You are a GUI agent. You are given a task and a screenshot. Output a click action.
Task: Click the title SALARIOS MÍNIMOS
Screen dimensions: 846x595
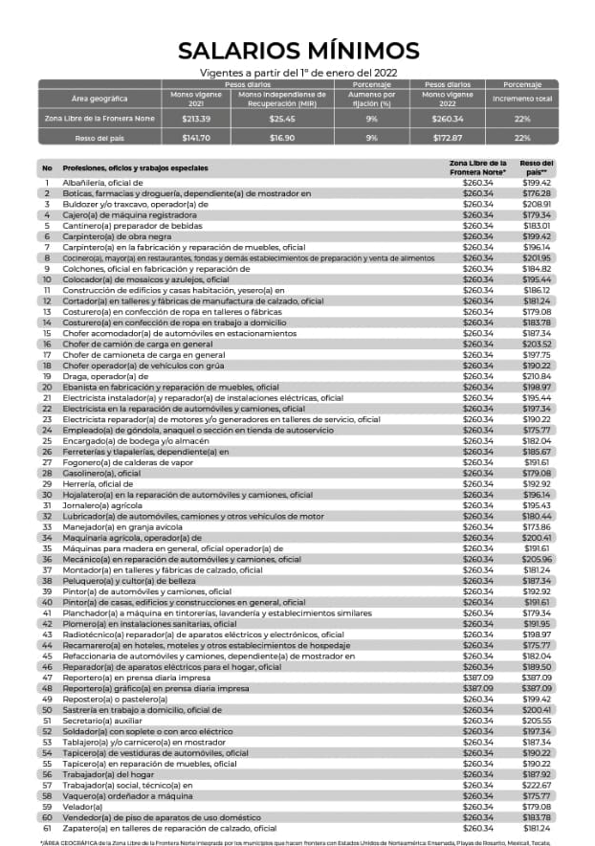tap(297, 50)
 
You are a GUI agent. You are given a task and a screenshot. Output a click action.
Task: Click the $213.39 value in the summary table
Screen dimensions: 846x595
tap(196, 119)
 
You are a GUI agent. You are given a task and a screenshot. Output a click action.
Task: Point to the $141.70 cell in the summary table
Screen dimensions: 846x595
tap(196, 138)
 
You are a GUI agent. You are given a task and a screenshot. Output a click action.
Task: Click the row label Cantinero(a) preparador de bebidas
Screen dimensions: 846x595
tap(122, 226)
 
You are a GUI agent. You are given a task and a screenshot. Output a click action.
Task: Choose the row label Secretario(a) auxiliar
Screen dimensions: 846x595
tap(104, 721)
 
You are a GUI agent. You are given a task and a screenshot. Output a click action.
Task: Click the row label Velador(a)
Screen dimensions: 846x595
tap(83, 807)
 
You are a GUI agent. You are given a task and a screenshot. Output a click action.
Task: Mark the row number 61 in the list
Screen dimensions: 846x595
tap(46, 828)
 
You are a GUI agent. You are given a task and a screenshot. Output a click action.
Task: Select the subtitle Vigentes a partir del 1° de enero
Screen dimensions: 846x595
tap(297, 73)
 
